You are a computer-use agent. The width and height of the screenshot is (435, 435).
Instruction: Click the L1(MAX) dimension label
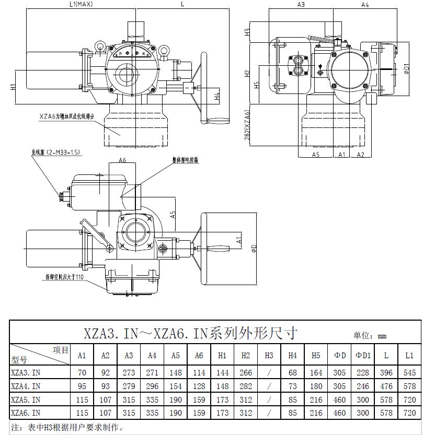[x=81, y=4]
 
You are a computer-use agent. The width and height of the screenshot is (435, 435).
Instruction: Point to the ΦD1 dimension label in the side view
[x=406, y=68]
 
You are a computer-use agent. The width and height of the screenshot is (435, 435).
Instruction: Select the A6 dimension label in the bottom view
[x=122, y=160]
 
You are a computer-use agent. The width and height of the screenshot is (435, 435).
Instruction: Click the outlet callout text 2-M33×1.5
[x=56, y=152]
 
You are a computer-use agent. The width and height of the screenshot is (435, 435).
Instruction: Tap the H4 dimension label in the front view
[x=216, y=97]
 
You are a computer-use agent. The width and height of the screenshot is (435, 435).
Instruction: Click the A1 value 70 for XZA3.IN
[x=82, y=373]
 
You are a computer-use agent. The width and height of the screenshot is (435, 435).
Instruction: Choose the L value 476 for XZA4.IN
[x=386, y=386]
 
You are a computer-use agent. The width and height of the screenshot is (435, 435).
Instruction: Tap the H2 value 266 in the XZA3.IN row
[x=245, y=373]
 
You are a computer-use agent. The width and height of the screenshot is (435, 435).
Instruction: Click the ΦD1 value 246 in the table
[x=363, y=386]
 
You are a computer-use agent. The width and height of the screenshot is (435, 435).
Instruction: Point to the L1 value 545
[x=409, y=373]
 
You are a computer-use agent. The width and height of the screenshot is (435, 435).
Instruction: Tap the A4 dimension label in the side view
[x=365, y=5]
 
